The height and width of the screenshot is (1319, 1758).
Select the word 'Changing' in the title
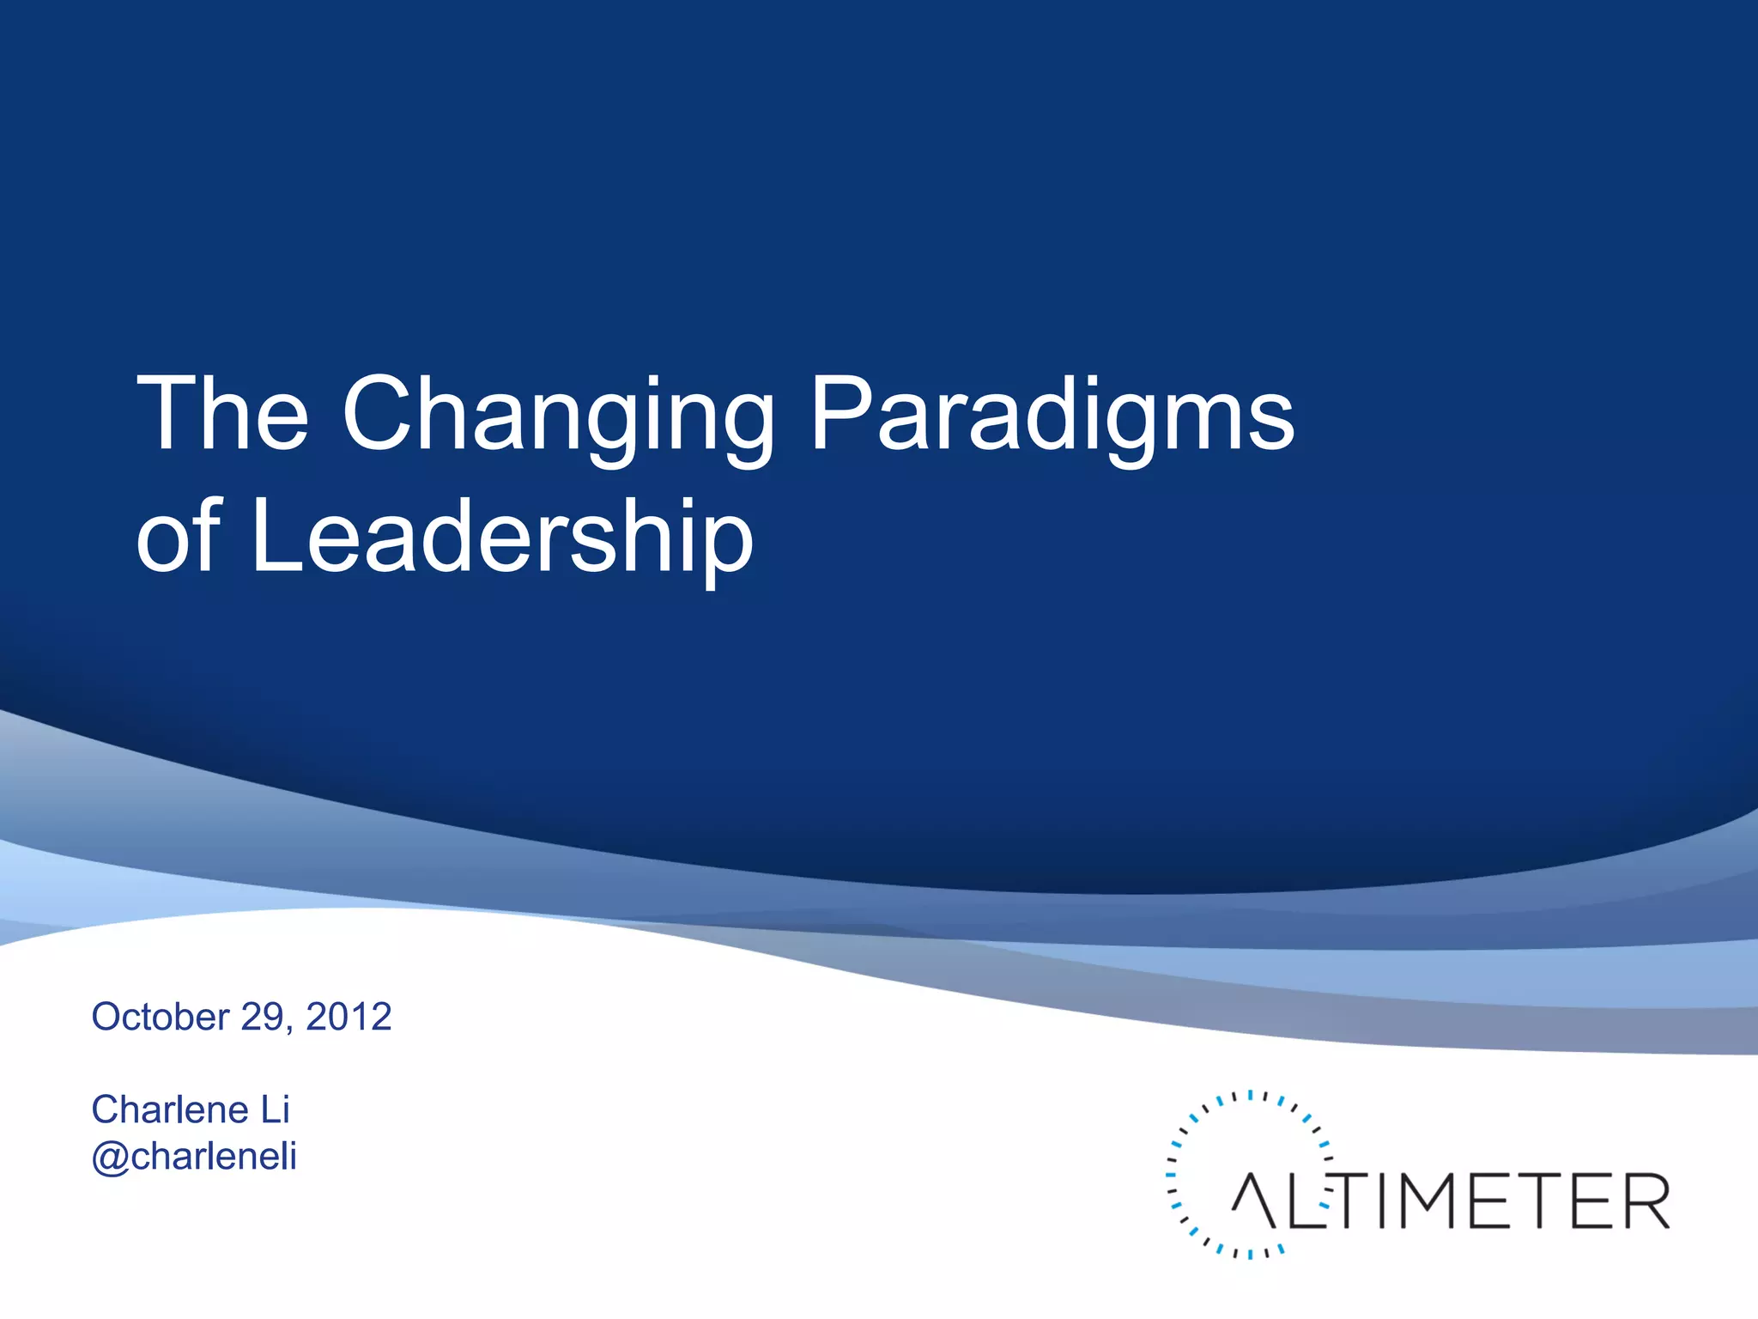pyautogui.click(x=558, y=421)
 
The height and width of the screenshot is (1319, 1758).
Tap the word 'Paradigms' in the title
pyautogui.click(x=1052, y=421)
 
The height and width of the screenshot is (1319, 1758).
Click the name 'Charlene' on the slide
pyautogui.click(x=170, y=1109)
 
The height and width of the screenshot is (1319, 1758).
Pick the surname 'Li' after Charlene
pyautogui.click(x=276, y=1109)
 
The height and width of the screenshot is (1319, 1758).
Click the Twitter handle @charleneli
pyautogui.click(x=194, y=1156)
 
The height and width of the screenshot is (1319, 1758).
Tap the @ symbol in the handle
pyautogui.click(x=111, y=1157)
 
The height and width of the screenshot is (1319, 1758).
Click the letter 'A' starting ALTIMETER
pyautogui.click(x=1255, y=1201)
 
